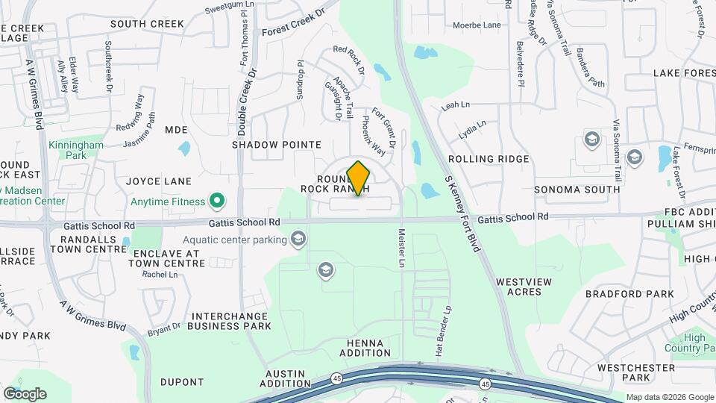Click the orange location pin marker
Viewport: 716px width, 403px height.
[x=359, y=178]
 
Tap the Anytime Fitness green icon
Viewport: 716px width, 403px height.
[x=217, y=201]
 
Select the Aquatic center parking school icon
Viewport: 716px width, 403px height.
[x=298, y=240]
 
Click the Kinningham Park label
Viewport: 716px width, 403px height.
[x=68, y=150]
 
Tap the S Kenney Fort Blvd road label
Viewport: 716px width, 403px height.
[x=462, y=213]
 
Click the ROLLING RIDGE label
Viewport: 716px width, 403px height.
[x=488, y=159]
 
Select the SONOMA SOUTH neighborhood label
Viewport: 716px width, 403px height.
[x=577, y=190]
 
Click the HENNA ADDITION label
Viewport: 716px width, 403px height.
[x=365, y=348]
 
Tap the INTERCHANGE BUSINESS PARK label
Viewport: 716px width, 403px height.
[x=229, y=321]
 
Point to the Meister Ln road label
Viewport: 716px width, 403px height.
[x=401, y=249]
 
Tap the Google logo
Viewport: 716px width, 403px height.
[x=24, y=393]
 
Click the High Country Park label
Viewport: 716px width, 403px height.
[x=694, y=343]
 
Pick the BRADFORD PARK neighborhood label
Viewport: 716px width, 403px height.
[x=619, y=294]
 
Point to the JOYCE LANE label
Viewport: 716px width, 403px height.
[x=158, y=181]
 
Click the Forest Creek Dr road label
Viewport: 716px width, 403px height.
[x=295, y=24]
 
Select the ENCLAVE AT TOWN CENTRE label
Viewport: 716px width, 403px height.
[x=166, y=259]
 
